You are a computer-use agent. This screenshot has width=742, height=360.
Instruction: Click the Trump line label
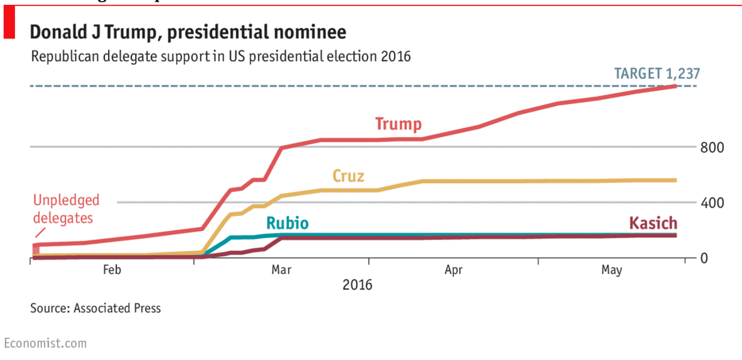(398, 124)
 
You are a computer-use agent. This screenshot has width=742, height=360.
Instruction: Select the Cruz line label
(348, 176)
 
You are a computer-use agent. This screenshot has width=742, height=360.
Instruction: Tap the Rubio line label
(287, 224)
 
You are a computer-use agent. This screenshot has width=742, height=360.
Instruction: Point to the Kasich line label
(653, 223)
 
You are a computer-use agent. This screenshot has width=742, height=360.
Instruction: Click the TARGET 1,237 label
(657, 74)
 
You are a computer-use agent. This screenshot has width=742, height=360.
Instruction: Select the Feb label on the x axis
(112, 270)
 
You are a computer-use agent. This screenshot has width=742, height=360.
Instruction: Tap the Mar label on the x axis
(282, 270)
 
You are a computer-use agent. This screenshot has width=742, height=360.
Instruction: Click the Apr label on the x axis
(453, 270)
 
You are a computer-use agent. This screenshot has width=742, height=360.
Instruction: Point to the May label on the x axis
(612, 271)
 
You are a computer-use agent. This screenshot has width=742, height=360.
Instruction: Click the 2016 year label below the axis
(357, 284)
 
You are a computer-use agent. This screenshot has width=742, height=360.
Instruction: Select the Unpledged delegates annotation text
(66, 208)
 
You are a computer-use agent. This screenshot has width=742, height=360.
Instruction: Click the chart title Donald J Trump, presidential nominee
(188, 32)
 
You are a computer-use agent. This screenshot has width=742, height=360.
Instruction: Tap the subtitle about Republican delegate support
(221, 57)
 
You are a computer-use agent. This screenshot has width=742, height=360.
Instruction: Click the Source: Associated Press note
(95, 308)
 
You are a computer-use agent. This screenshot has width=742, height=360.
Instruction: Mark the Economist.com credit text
(46, 343)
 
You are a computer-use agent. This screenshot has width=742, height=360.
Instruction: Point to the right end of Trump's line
(676, 86)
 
